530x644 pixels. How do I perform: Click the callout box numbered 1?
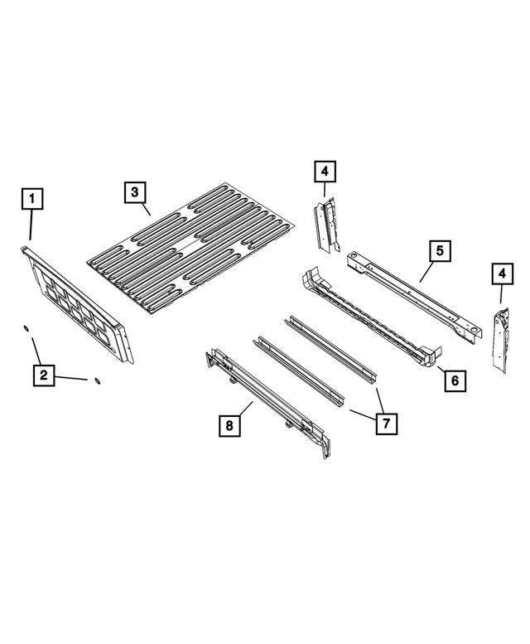pyautogui.click(x=31, y=199)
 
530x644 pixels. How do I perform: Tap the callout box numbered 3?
pyautogui.click(x=135, y=192)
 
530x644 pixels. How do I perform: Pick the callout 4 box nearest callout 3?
pyautogui.click(x=325, y=172)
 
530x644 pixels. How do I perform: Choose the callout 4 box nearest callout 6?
pyautogui.click(x=500, y=273)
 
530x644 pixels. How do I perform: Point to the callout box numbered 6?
pyautogui.click(x=454, y=380)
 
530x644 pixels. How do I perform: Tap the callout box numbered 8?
pyautogui.click(x=230, y=426)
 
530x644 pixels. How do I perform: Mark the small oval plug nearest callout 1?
pyautogui.click(x=26, y=330)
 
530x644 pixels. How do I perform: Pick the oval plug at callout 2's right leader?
pyautogui.click(x=97, y=381)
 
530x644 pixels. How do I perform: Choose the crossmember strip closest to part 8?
pyautogui.click(x=298, y=374)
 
